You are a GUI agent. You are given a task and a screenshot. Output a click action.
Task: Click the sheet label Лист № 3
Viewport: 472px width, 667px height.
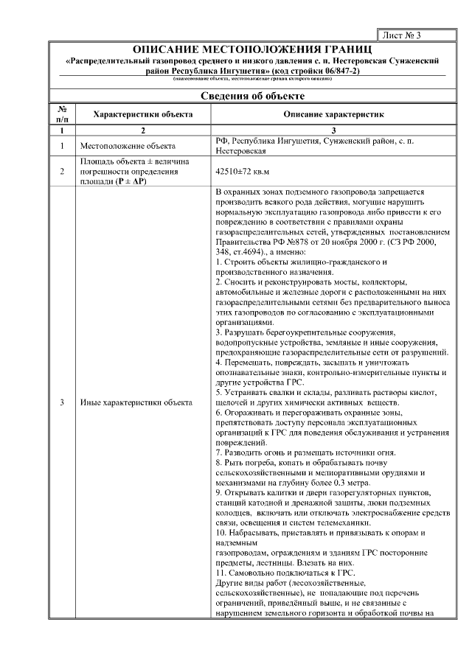point(402,35)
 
